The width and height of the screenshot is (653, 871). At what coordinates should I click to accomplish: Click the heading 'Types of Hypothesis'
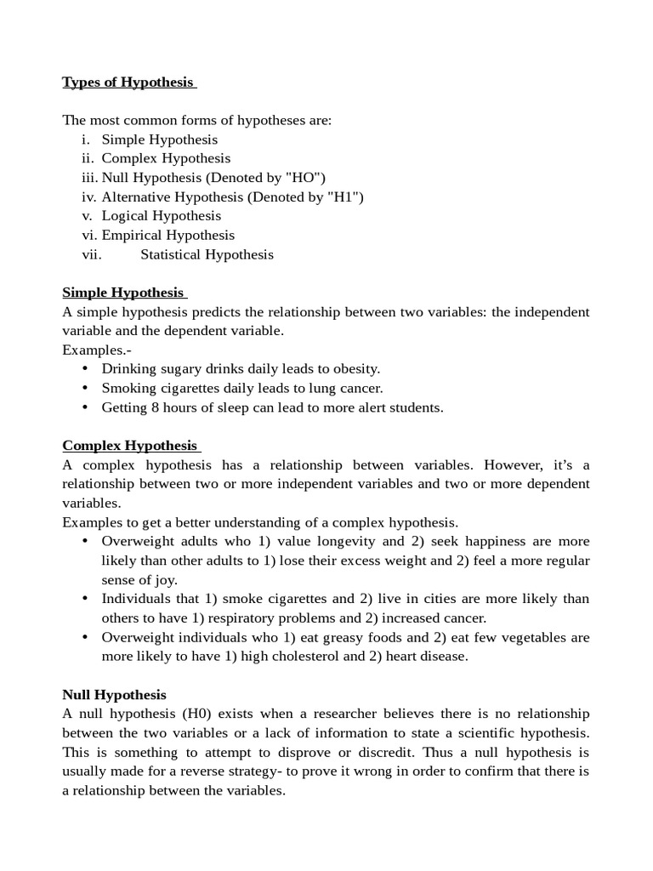[128, 83]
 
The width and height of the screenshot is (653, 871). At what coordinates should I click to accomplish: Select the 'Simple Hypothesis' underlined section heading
[122, 293]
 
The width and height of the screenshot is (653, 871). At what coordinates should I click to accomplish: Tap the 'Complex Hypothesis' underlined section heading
[129, 446]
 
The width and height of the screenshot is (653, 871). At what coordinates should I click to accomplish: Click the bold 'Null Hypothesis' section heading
[114, 695]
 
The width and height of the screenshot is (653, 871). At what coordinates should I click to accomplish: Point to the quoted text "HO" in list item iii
[304, 178]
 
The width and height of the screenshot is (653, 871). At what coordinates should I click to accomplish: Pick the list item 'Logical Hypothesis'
[161, 216]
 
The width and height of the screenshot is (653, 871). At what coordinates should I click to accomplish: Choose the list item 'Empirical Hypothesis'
[168, 236]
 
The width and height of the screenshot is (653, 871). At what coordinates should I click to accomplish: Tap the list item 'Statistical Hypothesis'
[207, 254]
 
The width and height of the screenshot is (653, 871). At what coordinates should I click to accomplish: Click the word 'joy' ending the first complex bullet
[167, 580]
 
